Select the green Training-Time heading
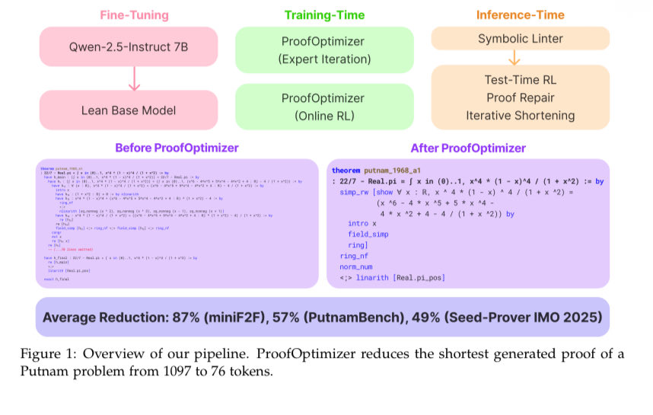tap(325, 14)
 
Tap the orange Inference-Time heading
tap(521, 14)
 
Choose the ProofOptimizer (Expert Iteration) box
tap(325, 49)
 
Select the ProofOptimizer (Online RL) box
tap(325, 107)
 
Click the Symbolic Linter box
tap(521, 38)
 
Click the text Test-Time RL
tap(521, 79)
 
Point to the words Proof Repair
tap(521, 97)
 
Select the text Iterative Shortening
tap(521, 115)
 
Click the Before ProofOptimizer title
tap(177, 148)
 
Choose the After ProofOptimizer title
tap(467, 148)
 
